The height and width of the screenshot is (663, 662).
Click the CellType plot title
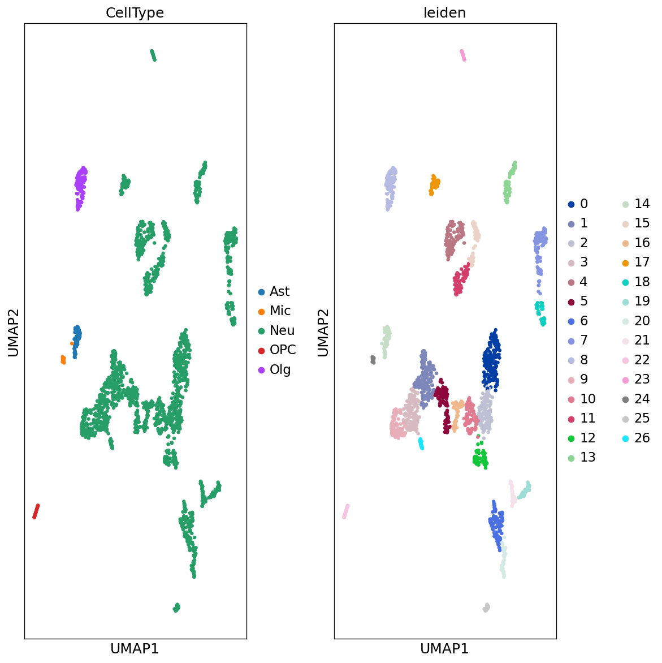click(135, 13)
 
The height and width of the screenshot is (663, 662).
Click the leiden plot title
click(444, 13)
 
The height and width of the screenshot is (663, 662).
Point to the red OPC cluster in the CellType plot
click(36, 511)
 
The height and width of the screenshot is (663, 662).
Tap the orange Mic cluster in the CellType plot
click(63, 359)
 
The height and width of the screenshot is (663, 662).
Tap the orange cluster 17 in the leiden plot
click(435, 183)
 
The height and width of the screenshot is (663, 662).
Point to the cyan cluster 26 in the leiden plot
click(421, 444)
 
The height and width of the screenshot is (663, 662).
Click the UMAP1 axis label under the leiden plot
click(444, 649)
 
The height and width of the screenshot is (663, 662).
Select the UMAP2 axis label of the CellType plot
click(14, 332)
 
